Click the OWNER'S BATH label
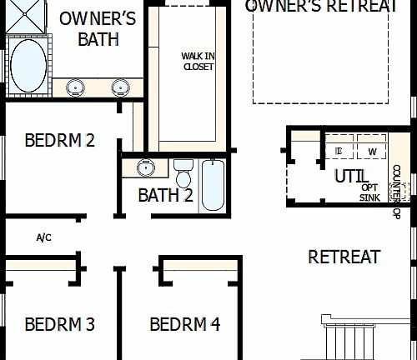(98, 29)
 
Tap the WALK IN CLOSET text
(198, 62)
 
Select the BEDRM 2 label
(59, 140)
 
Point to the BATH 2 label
(165, 196)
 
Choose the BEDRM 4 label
(185, 323)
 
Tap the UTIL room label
(350, 177)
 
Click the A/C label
(44, 237)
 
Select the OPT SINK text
(369, 192)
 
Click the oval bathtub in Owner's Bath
(28, 67)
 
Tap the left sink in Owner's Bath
(76, 86)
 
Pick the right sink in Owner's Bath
(120, 86)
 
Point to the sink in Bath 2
(146, 167)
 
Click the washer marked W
(372, 150)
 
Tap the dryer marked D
(339, 150)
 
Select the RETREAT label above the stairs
(344, 257)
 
